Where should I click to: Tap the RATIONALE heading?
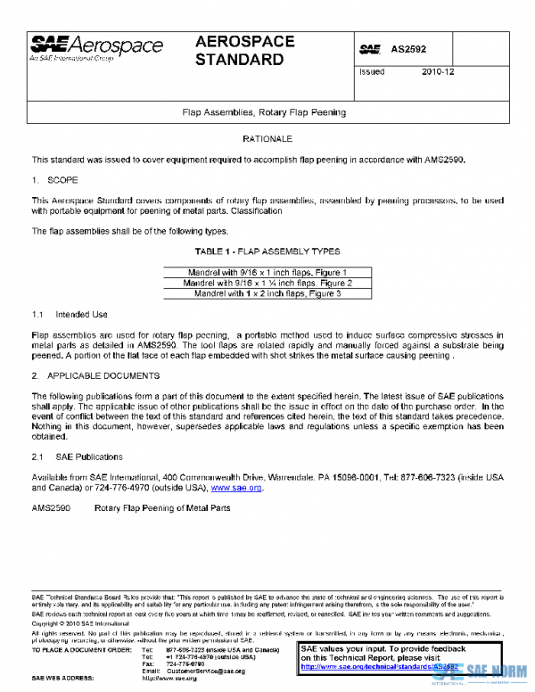[267, 140]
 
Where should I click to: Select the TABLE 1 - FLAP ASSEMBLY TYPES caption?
[267, 251]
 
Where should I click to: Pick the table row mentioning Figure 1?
[267, 271]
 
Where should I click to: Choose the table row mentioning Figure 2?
[267, 282]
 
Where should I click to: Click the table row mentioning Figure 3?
[267, 292]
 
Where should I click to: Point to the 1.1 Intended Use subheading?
[70, 314]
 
